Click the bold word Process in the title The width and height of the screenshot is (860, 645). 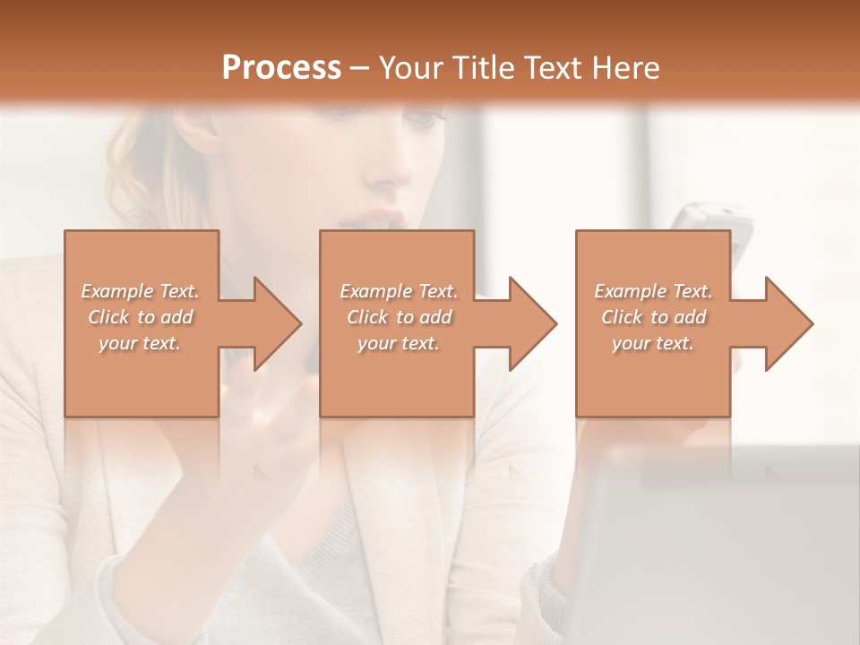click(281, 68)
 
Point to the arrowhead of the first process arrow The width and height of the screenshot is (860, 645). click(278, 323)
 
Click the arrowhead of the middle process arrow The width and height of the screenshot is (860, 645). click(533, 323)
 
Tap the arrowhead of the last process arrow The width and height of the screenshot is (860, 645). click(789, 323)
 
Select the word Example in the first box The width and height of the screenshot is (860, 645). click(116, 291)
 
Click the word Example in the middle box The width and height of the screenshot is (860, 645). click(374, 291)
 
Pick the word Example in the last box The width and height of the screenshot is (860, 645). click(630, 291)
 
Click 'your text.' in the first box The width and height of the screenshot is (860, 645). click(141, 343)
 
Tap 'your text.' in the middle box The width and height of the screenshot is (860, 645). click(398, 343)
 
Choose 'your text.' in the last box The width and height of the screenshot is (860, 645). click(653, 343)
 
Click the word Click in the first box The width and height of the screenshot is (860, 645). click(107, 317)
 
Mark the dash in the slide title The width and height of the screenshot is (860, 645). click(360, 69)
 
